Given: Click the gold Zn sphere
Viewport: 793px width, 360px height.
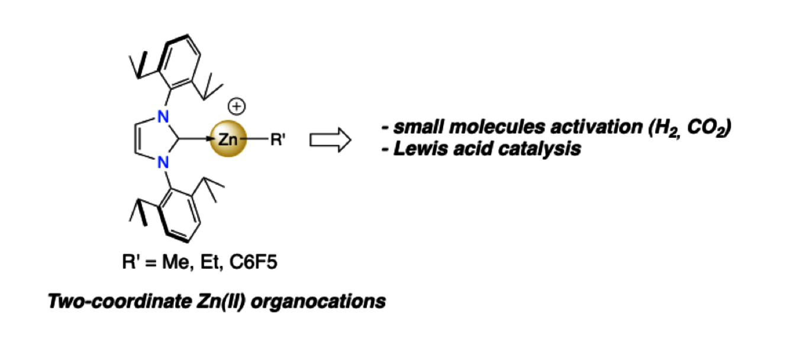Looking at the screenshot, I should pos(228,140).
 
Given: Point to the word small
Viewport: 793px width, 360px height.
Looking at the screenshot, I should pos(415,127).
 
